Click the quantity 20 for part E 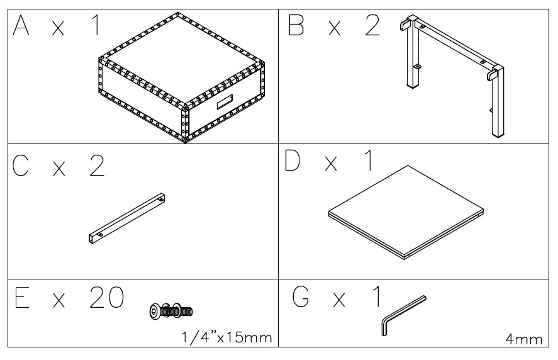click(104, 299)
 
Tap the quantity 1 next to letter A click(96, 26)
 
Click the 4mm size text click(523, 339)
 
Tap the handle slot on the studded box click(225, 102)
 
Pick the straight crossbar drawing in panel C click(126, 218)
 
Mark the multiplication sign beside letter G click(340, 300)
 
